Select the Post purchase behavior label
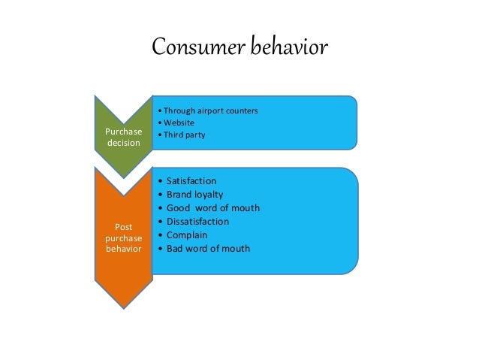point(123,237)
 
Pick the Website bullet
point(179,123)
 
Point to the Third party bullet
point(183,135)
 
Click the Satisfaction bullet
point(191,181)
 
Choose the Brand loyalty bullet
point(194,195)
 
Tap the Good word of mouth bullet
point(212,208)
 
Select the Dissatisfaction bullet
point(197,222)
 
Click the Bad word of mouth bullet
point(208,249)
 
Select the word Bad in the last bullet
point(175,249)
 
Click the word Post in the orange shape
point(123,225)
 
